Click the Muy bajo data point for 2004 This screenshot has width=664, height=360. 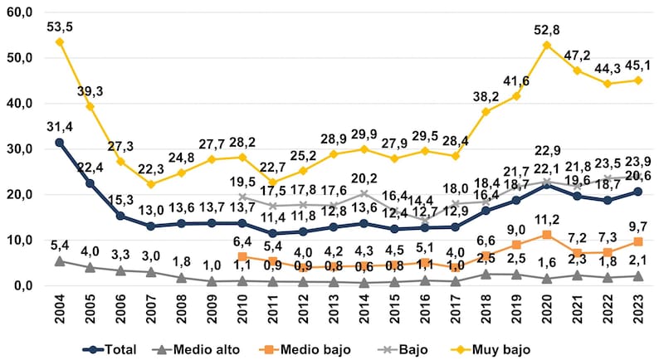(60, 41)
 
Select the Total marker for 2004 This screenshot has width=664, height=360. (60, 142)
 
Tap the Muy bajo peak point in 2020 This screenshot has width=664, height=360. (547, 45)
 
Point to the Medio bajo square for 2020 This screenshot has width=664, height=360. (547, 235)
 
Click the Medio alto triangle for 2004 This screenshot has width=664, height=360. (60, 260)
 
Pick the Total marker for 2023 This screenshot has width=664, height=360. (638, 192)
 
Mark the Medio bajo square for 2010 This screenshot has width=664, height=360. (242, 256)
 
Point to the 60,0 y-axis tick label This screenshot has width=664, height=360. (18, 12)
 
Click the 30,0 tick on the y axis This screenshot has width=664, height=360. (18, 149)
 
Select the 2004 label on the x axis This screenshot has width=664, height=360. (60, 308)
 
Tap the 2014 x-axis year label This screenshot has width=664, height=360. (364, 308)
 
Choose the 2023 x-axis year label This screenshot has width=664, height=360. (638, 308)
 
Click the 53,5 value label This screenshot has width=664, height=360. (60, 27)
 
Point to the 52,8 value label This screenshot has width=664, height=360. (547, 30)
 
